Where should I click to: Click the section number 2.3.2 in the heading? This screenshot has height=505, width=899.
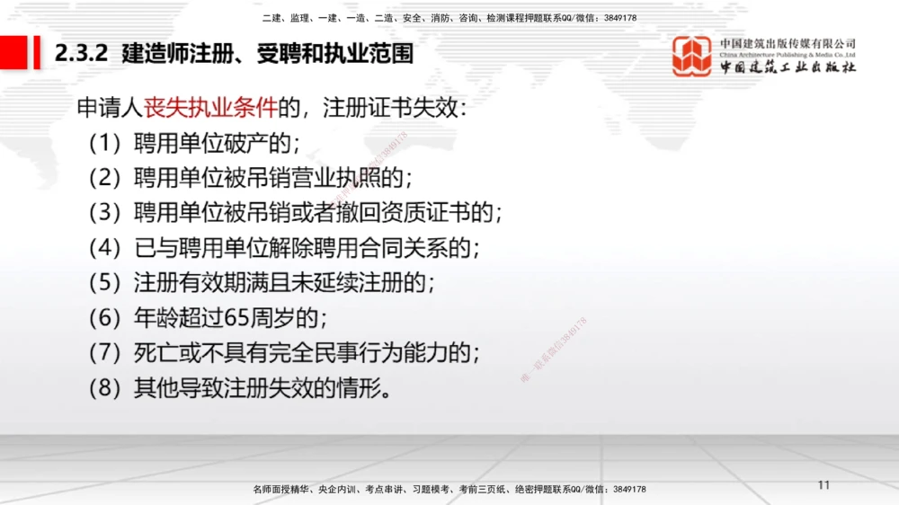point(81,55)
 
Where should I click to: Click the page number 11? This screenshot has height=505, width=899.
point(824,485)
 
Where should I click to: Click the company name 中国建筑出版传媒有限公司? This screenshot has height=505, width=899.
point(788,43)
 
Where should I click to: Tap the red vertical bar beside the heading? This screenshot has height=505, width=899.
point(37,53)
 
